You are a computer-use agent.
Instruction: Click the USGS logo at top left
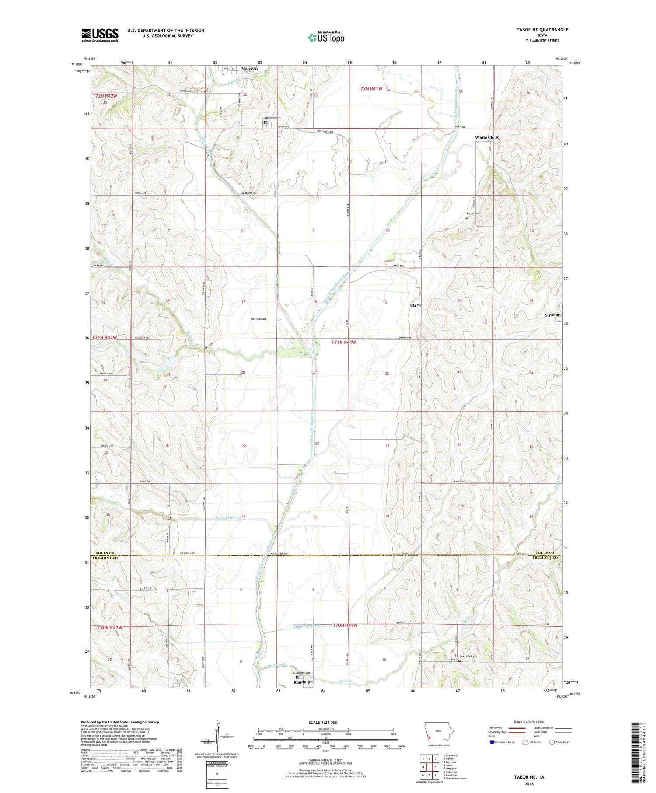point(100,35)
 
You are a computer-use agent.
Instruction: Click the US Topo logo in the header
point(326,38)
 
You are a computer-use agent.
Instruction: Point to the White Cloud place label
point(487,137)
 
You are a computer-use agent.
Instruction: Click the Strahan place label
point(552,315)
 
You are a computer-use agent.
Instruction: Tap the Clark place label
point(415,305)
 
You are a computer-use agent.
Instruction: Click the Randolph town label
point(303,682)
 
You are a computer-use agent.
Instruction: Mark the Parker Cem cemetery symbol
point(467,217)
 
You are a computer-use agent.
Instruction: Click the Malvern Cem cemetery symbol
point(265,122)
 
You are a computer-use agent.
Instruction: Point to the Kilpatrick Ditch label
point(306,626)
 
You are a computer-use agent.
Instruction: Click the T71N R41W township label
point(343,342)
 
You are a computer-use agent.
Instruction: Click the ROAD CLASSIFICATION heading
point(529,722)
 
